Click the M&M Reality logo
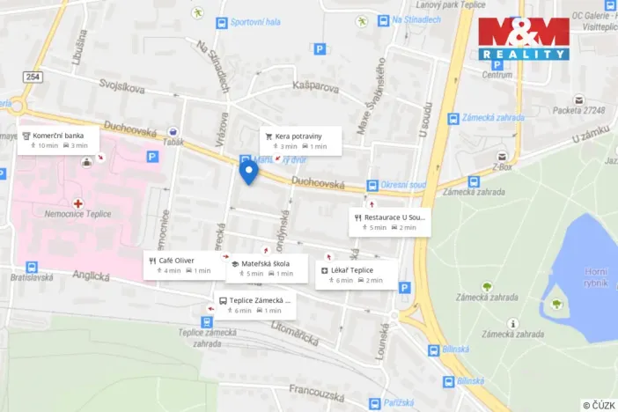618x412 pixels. point(524,39)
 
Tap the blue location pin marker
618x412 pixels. point(248,171)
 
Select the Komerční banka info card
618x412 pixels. point(58,140)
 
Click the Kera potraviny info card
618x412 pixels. point(300,141)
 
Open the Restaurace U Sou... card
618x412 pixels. point(388,222)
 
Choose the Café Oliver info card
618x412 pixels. point(180,265)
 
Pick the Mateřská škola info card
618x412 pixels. point(267,268)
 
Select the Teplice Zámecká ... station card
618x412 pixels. point(254,305)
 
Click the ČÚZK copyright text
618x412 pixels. point(599,404)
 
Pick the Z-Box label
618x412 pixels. point(503,166)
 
